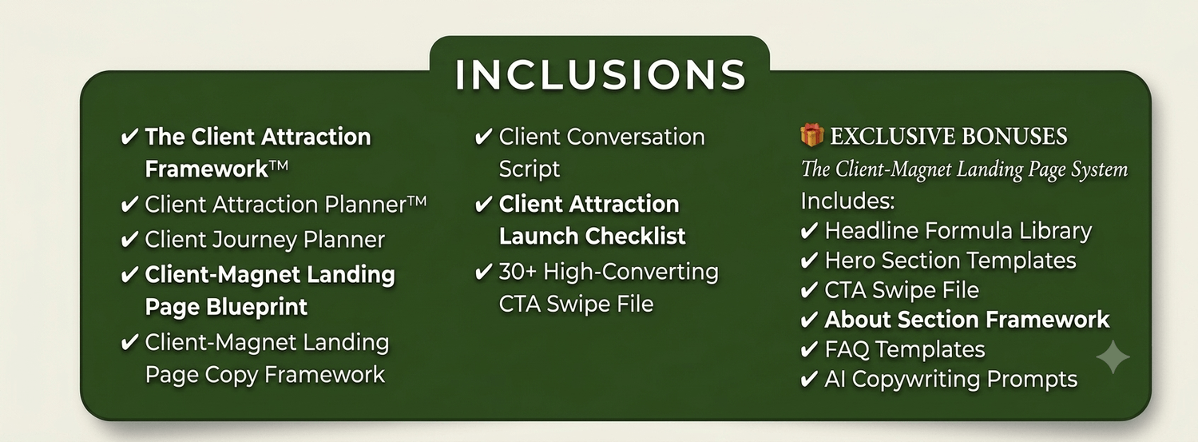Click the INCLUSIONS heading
(x=600, y=74)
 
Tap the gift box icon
(x=812, y=135)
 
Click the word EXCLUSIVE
(x=893, y=136)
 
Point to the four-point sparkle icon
(x=1113, y=357)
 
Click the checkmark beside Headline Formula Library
(x=809, y=232)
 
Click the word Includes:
(x=847, y=201)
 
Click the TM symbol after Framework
(x=278, y=165)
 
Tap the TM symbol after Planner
(x=417, y=201)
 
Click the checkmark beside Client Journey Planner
(x=129, y=240)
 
